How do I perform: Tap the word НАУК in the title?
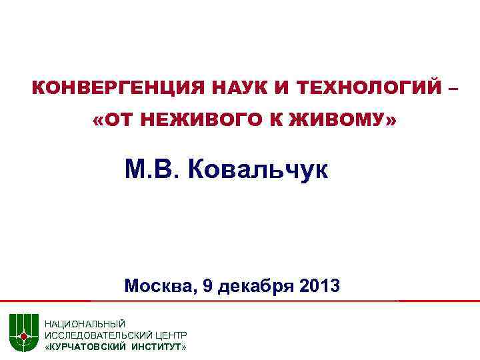231,88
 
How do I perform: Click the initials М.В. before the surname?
153,169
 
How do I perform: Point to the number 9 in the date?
209,287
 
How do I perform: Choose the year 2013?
320,287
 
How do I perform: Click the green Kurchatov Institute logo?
23,331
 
